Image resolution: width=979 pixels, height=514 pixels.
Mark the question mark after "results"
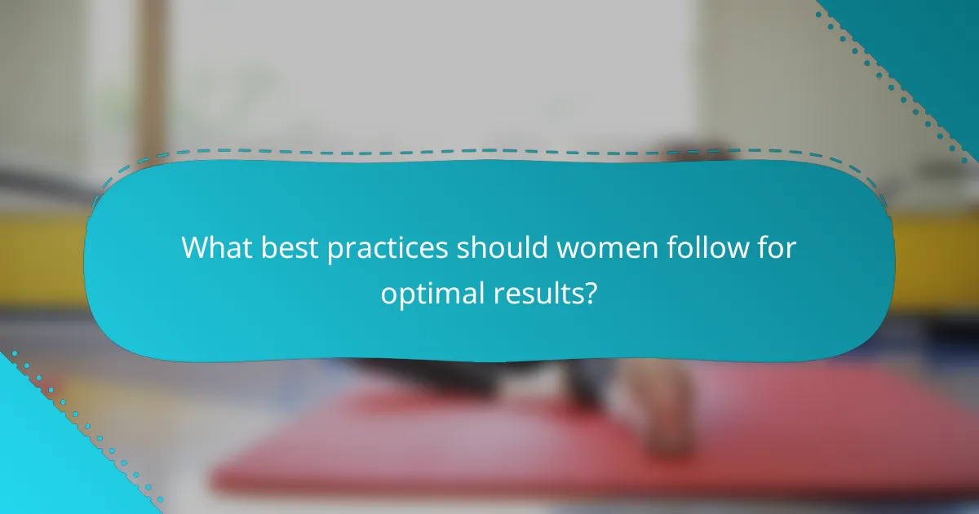pyautogui.click(x=592, y=291)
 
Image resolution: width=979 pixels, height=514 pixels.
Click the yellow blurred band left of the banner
pyautogui.click(x=41, y=253)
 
